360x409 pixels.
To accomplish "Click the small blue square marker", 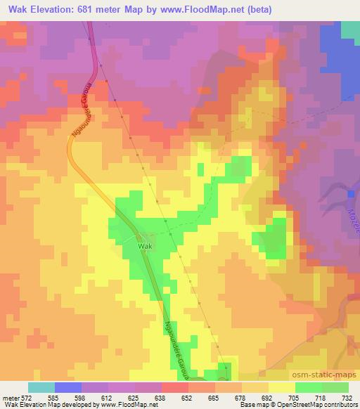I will (351, 193).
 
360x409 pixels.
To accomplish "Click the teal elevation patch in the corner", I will (350, 30).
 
